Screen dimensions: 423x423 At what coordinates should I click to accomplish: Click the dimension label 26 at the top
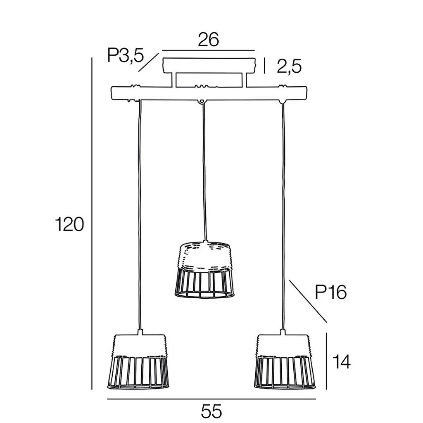tap(208, 40)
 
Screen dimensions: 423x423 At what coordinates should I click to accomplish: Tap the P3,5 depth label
tap(125, 56)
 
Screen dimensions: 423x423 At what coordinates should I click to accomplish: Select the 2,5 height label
tap(289, 67)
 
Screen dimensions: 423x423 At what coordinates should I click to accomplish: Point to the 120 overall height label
tap(69, 224)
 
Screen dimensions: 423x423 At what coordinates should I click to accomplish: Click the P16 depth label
tap(330, 292)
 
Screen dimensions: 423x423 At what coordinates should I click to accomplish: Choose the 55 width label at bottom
tap(211, 411)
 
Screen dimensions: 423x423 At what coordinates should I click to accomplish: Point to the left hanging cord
tap(140, 215)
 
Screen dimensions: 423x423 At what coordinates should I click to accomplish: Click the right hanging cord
tap(283, 215)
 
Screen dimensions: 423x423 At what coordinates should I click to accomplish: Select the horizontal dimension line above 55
tap(211, 399)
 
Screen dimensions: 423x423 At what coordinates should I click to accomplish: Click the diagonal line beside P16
tap(308, 301)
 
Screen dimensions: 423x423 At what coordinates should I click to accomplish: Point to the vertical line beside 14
tap(327, 361)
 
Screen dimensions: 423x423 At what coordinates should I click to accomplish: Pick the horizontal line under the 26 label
tap(209, 50)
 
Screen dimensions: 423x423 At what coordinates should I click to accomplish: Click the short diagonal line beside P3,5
tap(149, 62)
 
